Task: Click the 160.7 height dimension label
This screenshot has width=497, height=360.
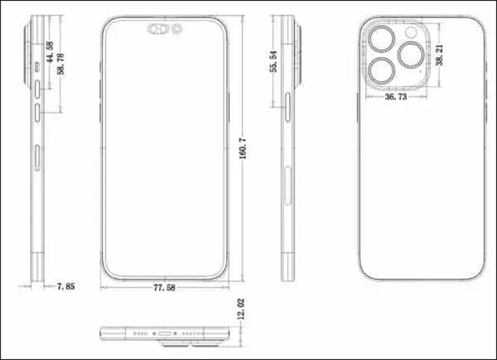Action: (x=243, y=148)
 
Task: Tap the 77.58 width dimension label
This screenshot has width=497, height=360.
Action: (x=164, y=288)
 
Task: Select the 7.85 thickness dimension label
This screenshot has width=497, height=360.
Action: (x=66, y=287)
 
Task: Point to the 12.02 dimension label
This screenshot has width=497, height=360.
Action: (x=241, y=308)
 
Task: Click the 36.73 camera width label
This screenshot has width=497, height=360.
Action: (x=396, y=96)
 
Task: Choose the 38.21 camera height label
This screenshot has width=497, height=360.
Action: (x=439, y=55)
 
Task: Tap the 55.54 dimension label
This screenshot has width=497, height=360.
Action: (x=273, y=62)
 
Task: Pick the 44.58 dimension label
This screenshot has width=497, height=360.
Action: (x=50, y=52)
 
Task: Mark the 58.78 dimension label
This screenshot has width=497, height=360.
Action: (x=60, y=64)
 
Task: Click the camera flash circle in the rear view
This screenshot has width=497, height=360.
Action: (x=411, y=32)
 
